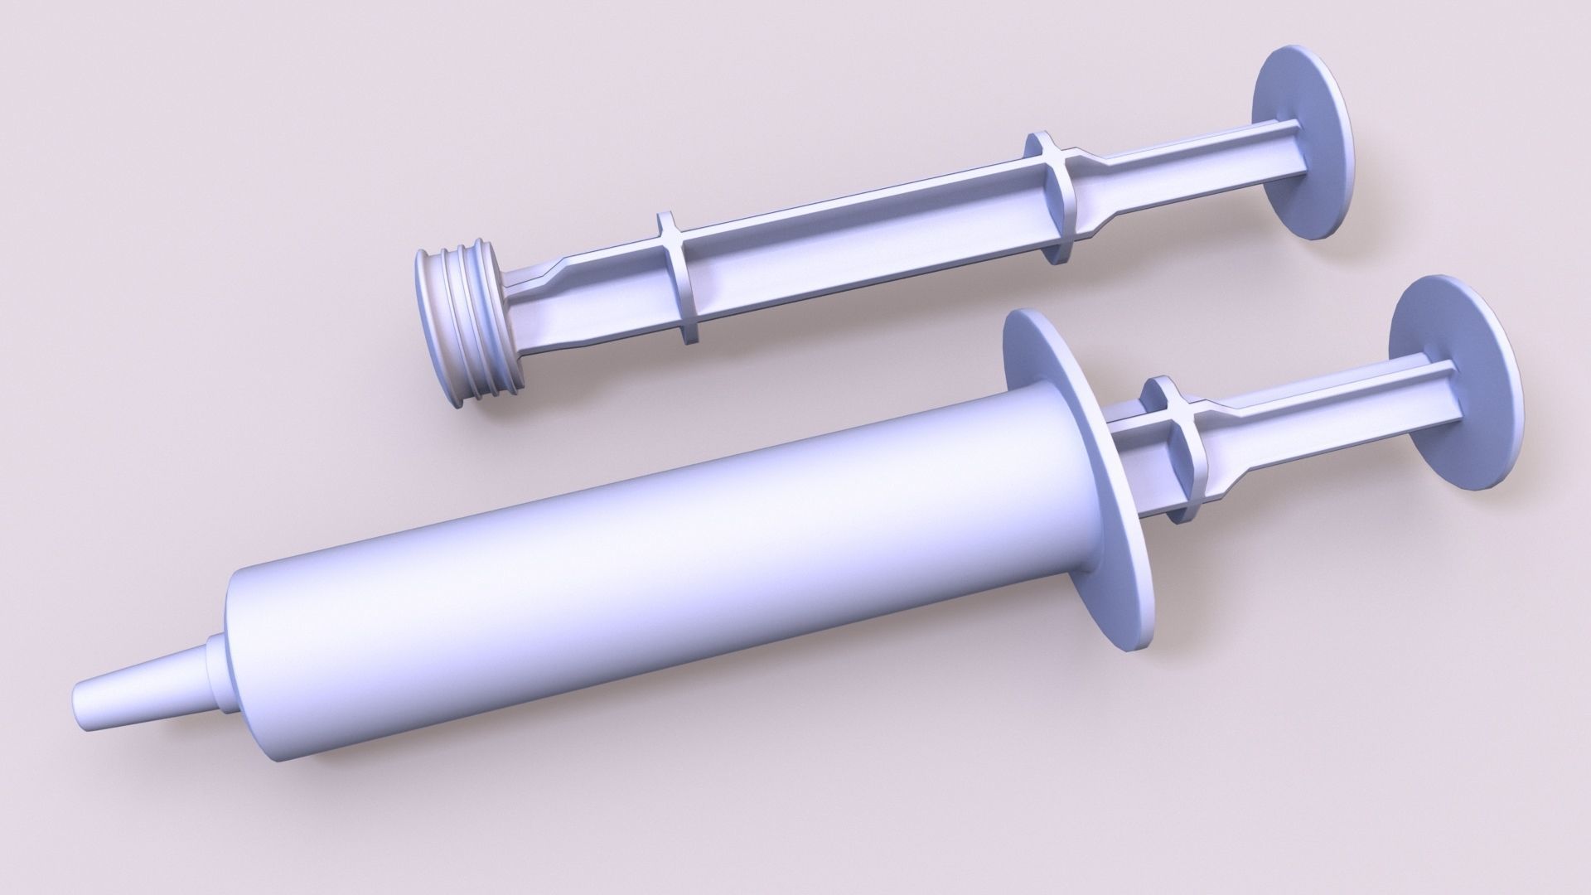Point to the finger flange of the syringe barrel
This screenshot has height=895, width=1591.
coord(1077,464)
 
